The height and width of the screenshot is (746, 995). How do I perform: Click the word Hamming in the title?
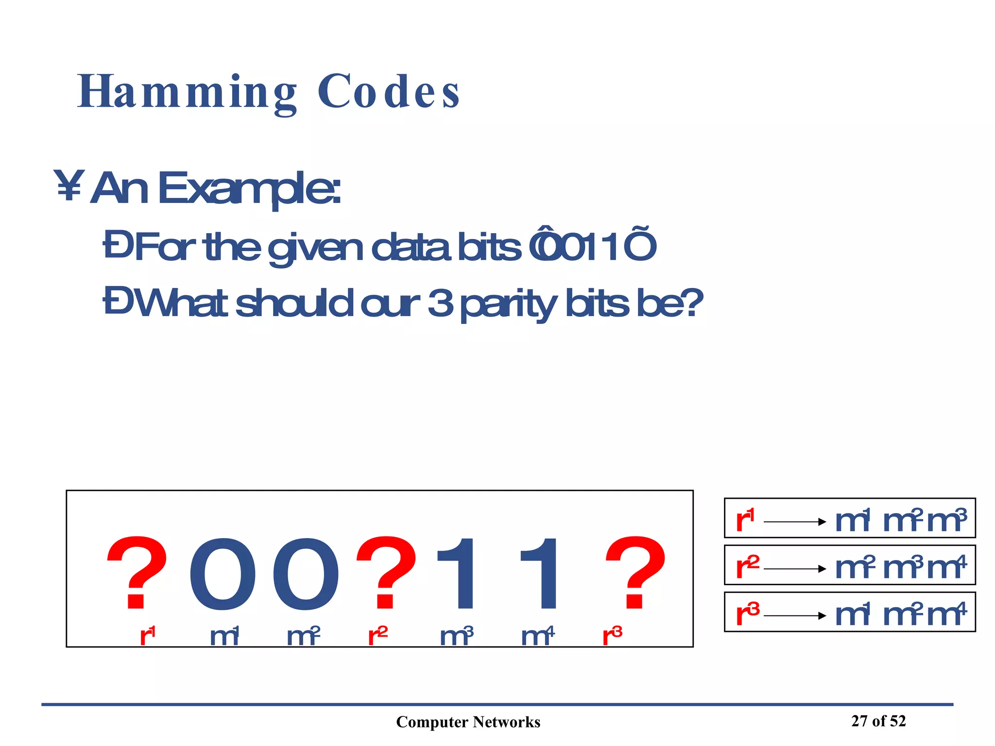[x=187, y=92]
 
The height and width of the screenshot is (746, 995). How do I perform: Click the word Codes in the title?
[x=388, y=92]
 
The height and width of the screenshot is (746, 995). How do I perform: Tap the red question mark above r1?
[x=137, y=573]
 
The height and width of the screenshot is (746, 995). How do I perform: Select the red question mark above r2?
[x=387, y=573]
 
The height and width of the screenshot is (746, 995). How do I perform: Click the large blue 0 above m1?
[x=222, y=574]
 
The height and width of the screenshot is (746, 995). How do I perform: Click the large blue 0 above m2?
[x=305, y=574]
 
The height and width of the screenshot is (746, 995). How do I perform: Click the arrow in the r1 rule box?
[x=795, y=522]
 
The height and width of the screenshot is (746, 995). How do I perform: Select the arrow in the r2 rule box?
[x=795, y=569]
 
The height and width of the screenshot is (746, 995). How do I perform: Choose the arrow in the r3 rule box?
[x=795, y=616]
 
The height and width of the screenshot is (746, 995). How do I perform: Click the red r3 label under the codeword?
[x=612, y=636]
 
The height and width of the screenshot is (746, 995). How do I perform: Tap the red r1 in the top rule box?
[x=745, y=520]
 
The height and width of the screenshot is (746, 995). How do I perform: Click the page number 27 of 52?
[x=878, y=721]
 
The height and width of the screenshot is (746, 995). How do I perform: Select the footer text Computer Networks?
[x=468, y=722]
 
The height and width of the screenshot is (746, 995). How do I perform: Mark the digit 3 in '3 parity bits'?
[x=440, y=303]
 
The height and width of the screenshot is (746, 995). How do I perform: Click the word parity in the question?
[x=508, y=304]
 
